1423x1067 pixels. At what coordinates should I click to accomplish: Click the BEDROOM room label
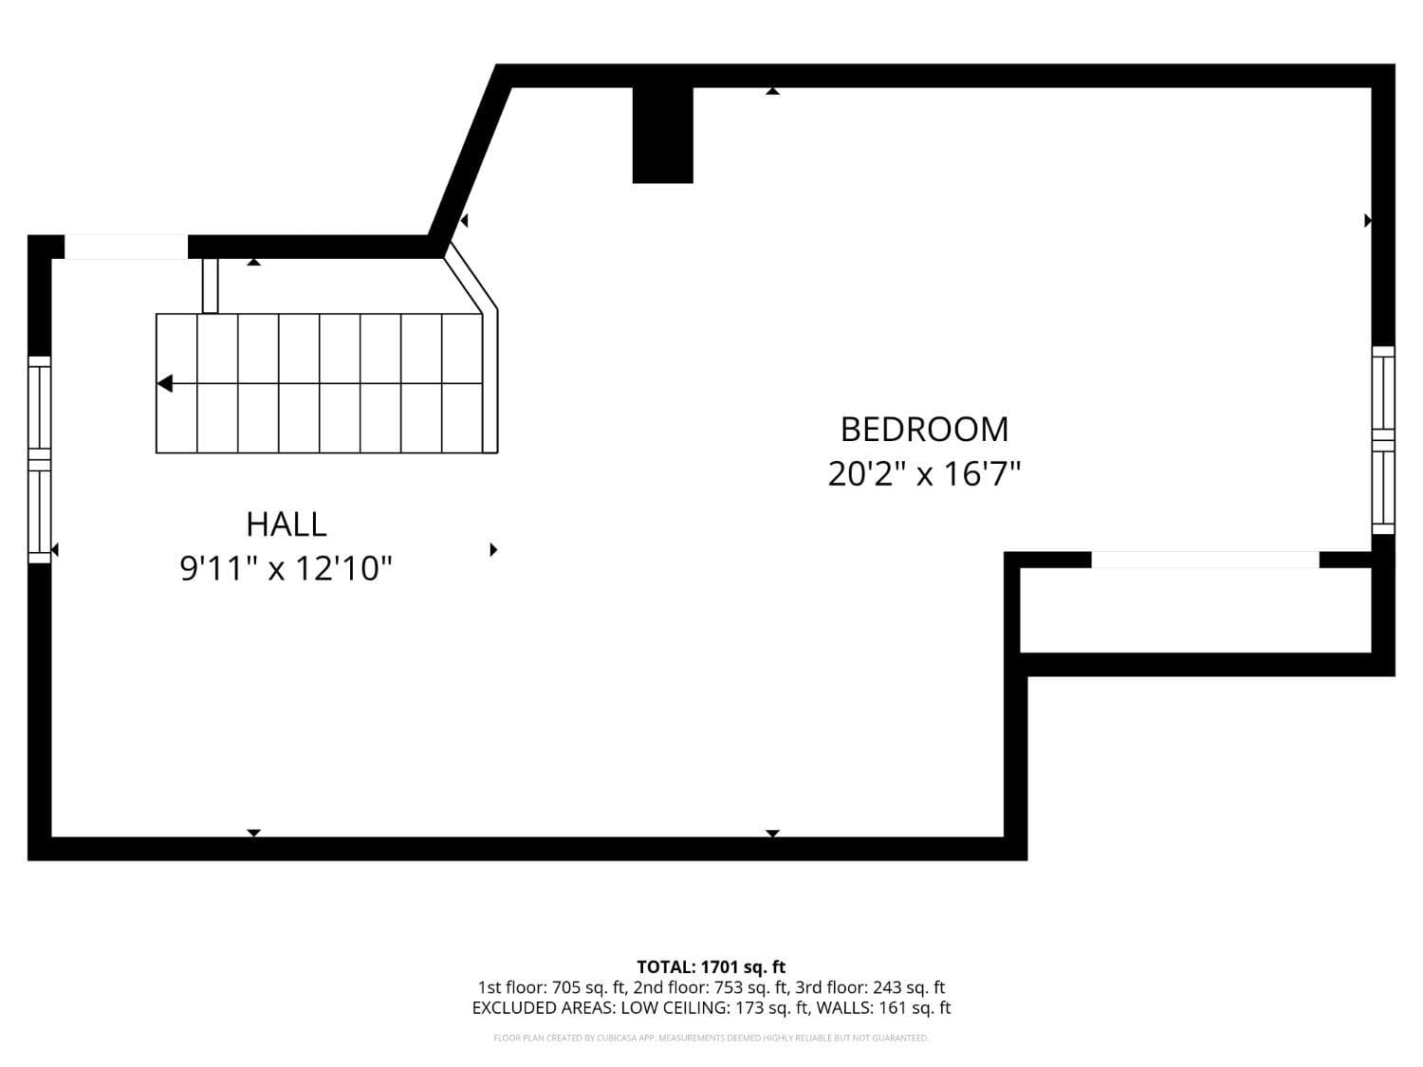[x=924, y=430]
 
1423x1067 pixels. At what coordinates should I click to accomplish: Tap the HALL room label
[x=286, y=524]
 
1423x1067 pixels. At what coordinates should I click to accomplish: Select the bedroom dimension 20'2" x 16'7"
[x=924, y=473]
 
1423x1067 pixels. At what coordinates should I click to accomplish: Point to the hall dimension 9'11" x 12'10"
[x=286, y=569]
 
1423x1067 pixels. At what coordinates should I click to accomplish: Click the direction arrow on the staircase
[x=166, y=384]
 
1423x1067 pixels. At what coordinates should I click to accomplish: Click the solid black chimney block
[x=662, y=135]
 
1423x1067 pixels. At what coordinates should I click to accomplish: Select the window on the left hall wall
[x=39, y=459]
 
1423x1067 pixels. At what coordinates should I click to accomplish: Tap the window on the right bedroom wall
[x=1383, y=440]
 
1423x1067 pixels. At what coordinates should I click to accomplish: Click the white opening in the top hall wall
[x=125, y=247]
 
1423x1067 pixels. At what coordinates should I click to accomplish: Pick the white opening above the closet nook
[x=1205, y=560]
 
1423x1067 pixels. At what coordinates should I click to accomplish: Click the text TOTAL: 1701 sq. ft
[x=711, y=967]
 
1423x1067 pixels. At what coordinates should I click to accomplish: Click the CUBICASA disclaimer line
[x=711, y=1039]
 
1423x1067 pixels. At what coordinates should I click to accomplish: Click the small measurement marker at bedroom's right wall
[x=1367, y=221]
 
